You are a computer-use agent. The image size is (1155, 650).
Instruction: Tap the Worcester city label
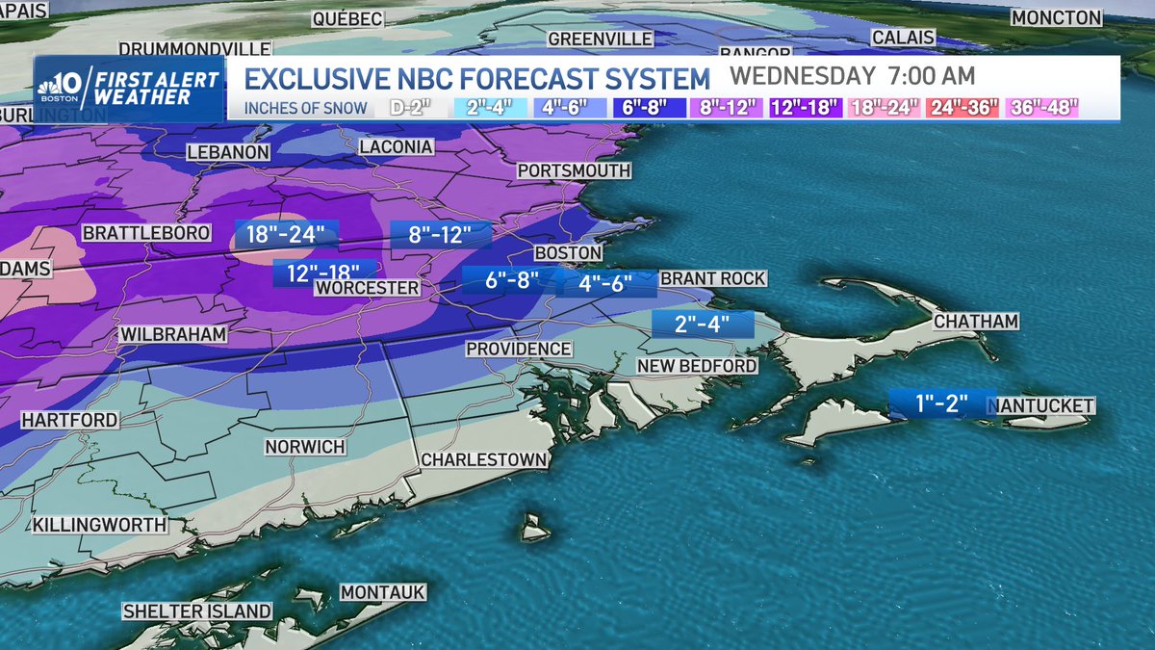coord(368,288)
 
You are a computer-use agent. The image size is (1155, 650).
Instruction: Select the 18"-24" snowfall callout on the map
coord(287,234)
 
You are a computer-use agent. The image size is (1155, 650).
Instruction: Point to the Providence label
coord(519,349)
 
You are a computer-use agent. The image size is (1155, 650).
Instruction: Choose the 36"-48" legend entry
coord(1042,107)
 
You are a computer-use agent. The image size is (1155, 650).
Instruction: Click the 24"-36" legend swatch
coord(963,107)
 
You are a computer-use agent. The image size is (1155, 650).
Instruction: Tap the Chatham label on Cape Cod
coord(975,321)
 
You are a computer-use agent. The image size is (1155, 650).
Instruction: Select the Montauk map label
coord(382,593)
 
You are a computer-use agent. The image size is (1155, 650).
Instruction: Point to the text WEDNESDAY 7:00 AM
coord(852,75)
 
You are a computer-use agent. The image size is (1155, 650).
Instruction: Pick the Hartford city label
coord(69,421)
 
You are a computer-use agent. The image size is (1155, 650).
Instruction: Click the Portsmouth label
coord(574,170)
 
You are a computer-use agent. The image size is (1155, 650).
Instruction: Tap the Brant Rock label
coord(713,279)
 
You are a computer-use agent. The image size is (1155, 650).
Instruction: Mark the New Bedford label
coord(696,366)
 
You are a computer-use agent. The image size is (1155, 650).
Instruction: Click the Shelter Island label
coord(196,611)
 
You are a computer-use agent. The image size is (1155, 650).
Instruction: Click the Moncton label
coord(1056,18)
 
